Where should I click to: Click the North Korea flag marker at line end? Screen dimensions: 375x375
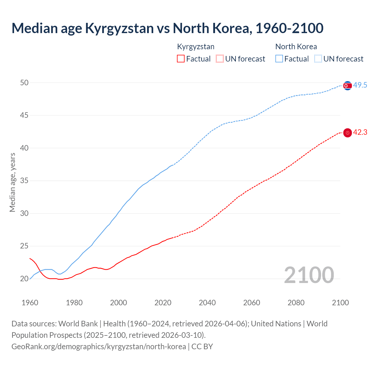point(347,86)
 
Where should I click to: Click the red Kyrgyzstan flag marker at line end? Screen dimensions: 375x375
point(347,133)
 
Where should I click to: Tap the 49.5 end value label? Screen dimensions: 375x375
point(360,85)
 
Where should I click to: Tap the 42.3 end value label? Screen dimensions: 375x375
point(360,132)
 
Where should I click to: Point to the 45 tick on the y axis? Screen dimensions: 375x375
point(24,115)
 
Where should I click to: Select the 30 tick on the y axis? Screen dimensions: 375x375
point(24,213)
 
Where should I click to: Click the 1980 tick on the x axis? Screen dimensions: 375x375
point(74,303)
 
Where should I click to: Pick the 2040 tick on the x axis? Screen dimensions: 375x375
point(207,303)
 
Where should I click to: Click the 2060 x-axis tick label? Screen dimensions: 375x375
point(251,303)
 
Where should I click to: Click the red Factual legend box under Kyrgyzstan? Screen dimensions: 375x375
point(181,59)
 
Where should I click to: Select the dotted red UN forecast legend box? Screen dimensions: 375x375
point(220,59)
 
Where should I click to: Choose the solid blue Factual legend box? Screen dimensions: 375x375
point(279,59)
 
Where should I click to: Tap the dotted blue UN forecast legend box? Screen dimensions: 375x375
point(318,59)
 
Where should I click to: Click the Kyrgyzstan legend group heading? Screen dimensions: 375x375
point(196,47)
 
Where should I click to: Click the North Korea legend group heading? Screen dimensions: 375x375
point(296,47)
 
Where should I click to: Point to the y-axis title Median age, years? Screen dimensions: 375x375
point(12,182)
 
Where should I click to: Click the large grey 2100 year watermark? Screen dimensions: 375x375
point(309,275)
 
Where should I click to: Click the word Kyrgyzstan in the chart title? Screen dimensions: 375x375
point(119,28)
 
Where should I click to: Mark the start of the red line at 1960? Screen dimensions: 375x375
point(30,258)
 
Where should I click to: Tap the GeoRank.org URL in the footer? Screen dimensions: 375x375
point(98,347)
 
